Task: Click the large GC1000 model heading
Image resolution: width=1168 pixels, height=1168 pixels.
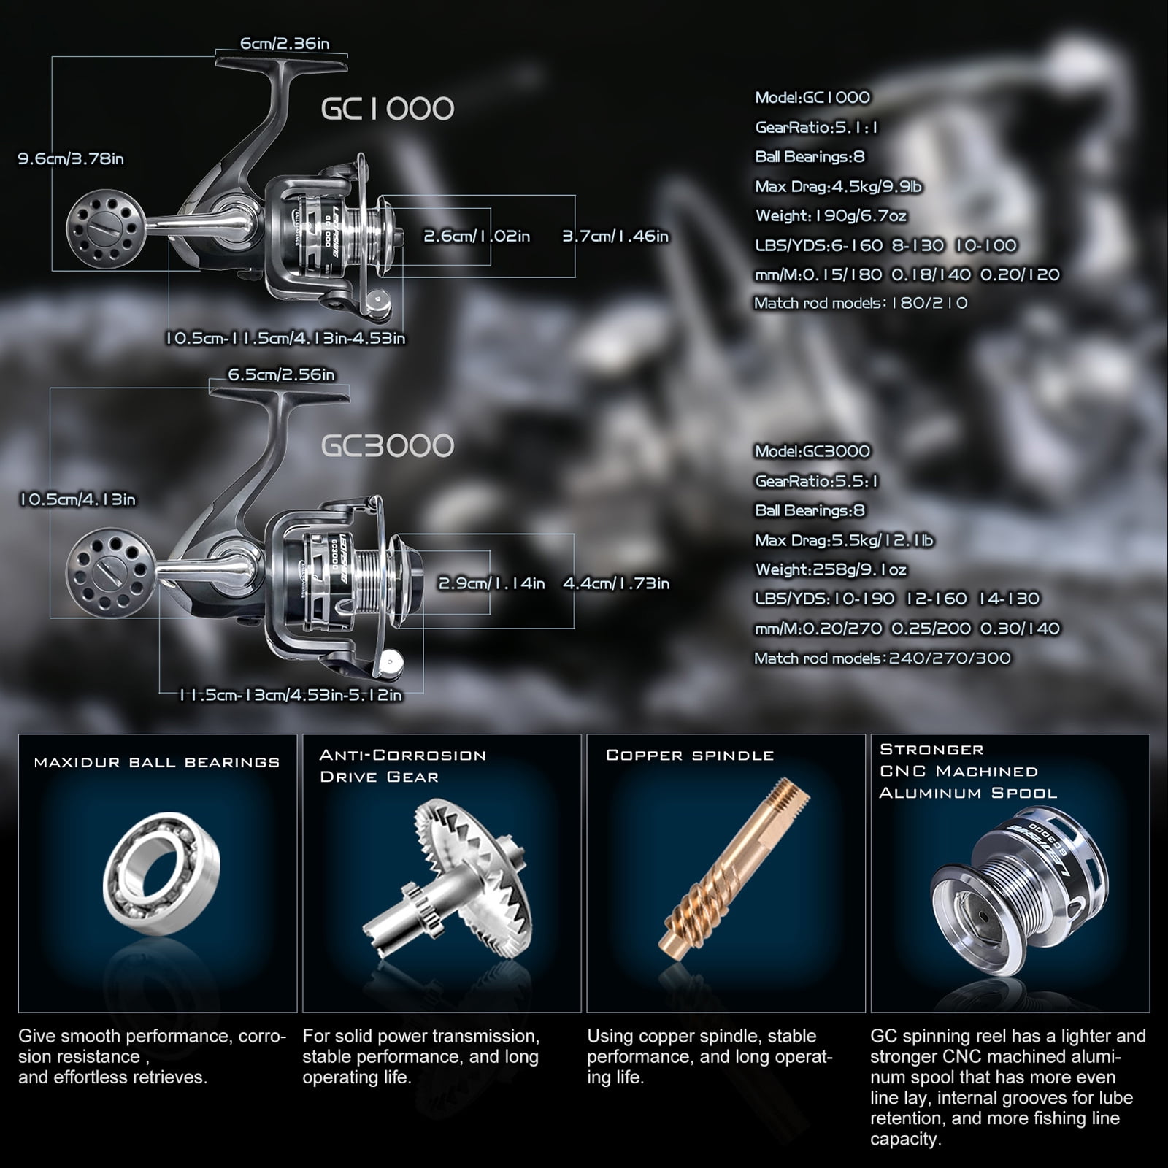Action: pos(388,109)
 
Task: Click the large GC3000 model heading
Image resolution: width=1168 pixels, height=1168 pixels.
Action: pos(388,446)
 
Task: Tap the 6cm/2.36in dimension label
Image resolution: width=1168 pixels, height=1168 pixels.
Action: pos(285,44)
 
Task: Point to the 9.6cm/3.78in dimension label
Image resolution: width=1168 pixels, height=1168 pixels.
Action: pos(71,159)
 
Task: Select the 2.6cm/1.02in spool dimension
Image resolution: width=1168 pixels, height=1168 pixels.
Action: pos(477,237)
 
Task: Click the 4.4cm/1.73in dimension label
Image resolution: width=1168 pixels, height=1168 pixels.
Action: pos(616,583)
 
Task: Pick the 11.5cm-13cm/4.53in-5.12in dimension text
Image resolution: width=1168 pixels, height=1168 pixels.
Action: pos(291,695)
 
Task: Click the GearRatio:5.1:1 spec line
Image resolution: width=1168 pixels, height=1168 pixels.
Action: pos(816,128)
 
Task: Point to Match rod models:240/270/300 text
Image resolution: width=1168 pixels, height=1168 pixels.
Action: pos(883,658)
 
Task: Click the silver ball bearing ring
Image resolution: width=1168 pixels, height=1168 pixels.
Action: pos(161,874)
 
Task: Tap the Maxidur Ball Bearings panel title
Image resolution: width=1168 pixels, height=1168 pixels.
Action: pos(157,763)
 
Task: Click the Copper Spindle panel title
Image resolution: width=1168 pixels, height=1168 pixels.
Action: pos(690,756)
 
